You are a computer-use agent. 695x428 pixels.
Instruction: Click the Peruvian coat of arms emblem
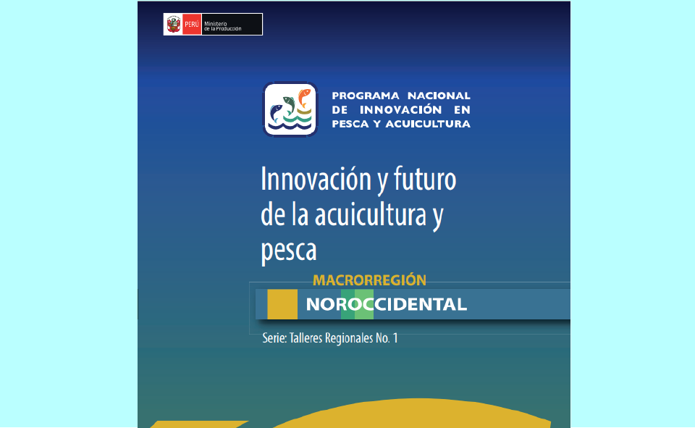(x=173, y=24)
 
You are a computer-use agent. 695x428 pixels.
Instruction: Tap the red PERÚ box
(x=192, y=25)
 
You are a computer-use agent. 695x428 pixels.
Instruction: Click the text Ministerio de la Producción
(x=222, y=26)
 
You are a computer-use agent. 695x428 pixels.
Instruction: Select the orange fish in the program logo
(x=303, y=98)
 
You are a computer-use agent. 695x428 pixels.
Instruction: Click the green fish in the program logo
(x=289, y=105)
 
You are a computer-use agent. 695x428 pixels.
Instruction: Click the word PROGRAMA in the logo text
(x=366, y=96)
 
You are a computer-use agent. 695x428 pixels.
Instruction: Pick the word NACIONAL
(x=439, y=96)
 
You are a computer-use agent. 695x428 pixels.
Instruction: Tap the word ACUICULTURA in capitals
(x=428, y=124)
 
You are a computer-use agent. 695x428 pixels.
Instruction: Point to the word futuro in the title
(x=425, y=179)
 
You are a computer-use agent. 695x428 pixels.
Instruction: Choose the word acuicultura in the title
(x=371, y=215)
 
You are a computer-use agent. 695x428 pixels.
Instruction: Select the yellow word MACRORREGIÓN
(x=370, y=280)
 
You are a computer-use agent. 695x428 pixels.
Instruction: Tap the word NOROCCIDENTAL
(x=387, y=304)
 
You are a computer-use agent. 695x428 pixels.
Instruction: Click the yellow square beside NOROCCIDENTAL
(x=282, y=304)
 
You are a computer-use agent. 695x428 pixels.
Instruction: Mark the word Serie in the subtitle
(x=274, y=338)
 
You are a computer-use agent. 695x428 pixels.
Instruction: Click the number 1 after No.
(x=395, y=338)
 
